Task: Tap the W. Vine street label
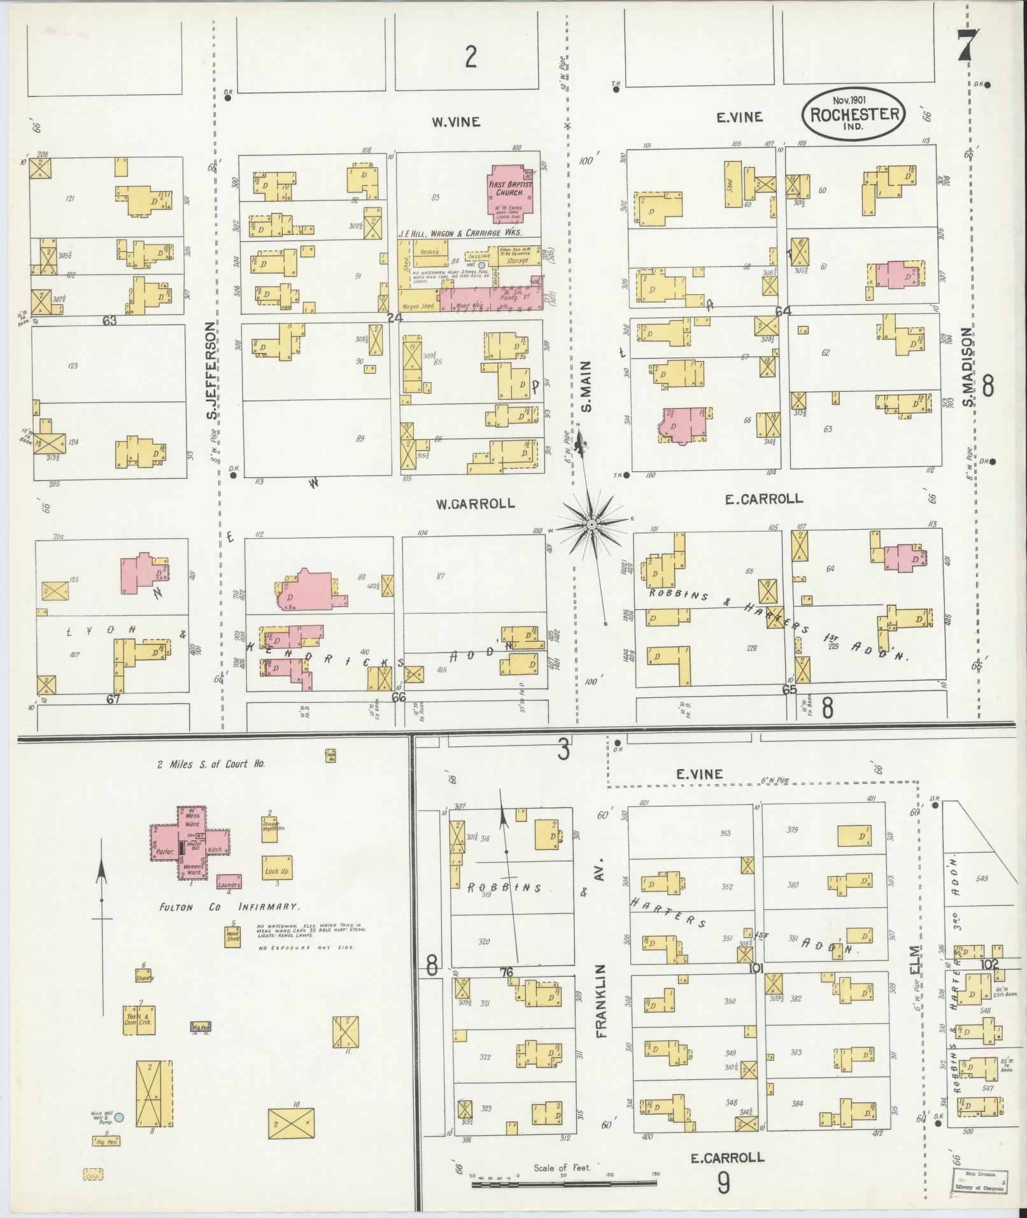point(455,122)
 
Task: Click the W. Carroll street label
point(475,504)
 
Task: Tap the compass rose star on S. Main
point(591,523)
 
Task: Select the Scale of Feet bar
point(565,1184)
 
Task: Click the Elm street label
point(915,960)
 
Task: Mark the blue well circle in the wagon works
point(482,265)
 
